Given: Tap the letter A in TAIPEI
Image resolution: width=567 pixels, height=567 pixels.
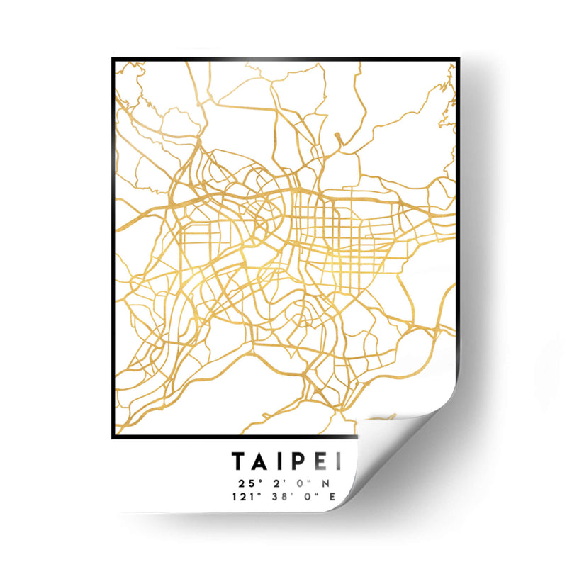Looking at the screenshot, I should pyautogui.click(x=261, y=462).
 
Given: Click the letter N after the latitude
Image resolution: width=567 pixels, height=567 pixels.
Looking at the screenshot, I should pyautogui.click(x=327, y=483).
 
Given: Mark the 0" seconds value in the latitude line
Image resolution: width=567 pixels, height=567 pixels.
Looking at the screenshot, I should pyautogui.click(x=301, y=483).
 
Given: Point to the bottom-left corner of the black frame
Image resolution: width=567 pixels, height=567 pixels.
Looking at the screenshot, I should pyautogui.click(x=113, y=437).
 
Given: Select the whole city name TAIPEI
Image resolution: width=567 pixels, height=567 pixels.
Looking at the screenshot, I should pyautogui.click(x=287, y=462).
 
